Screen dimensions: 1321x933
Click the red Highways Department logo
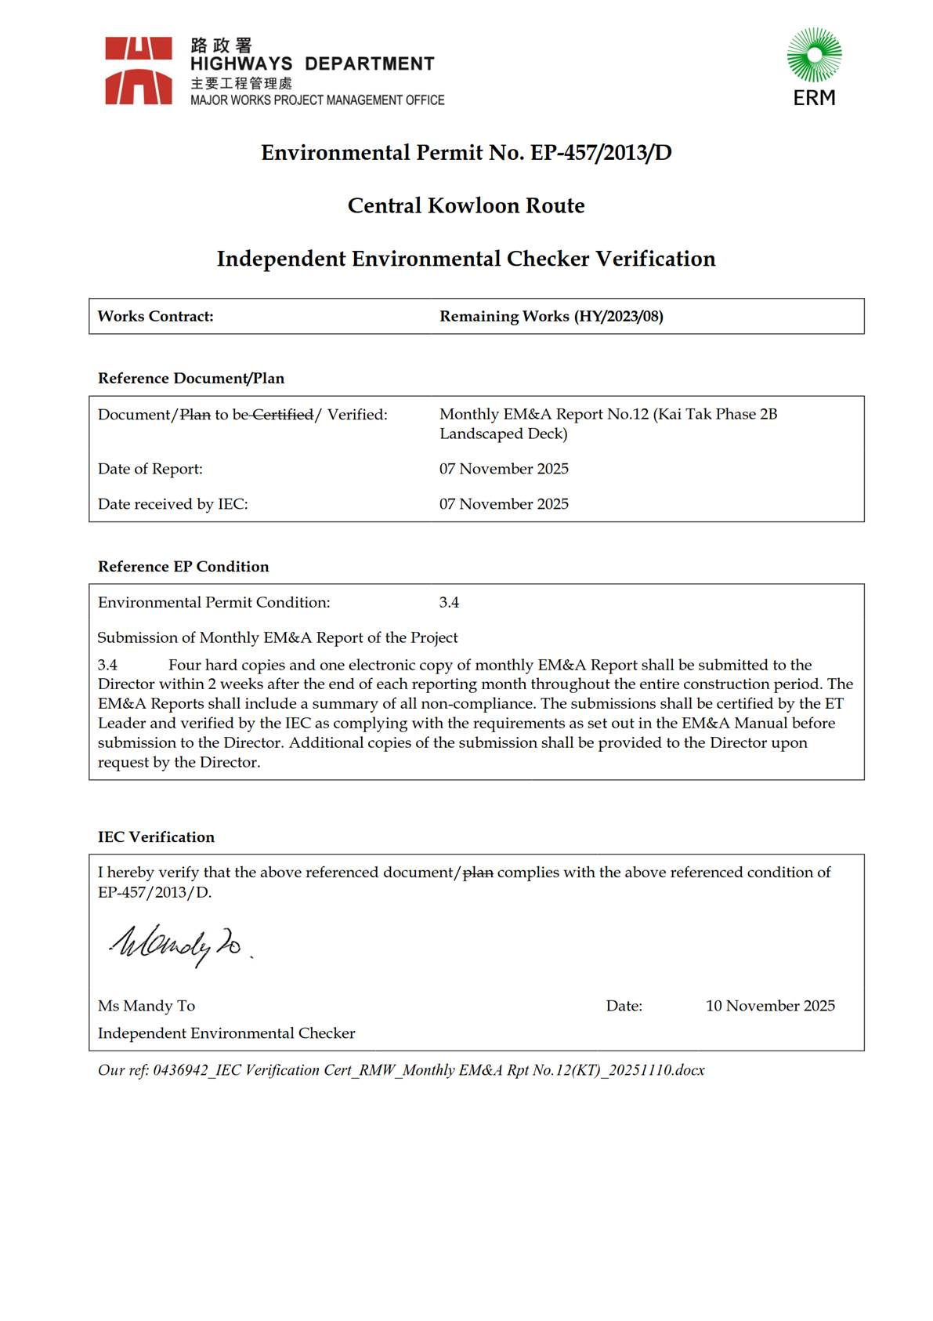point(139,71)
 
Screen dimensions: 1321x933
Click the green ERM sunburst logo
point(814,55)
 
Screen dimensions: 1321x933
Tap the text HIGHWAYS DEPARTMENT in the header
point(312,64)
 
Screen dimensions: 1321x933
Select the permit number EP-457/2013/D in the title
point(601,152)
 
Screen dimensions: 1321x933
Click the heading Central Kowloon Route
point(466,205)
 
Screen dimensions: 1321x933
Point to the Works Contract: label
point(155,317)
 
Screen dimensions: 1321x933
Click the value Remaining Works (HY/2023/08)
point(551,317)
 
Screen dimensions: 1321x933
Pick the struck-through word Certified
point(282,415)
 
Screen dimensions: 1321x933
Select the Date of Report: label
point(150,469)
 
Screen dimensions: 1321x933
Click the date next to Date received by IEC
point(504,504)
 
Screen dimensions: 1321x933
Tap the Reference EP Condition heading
point(183,567)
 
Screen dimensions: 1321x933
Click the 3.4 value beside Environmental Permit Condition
point(449,603)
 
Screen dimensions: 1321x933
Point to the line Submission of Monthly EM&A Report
point(277,638)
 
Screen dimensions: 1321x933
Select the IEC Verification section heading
point(156,837)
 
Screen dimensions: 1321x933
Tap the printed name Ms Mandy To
point(146,1006)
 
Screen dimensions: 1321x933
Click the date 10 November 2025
point(769,1006)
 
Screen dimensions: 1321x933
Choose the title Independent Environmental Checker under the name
point(226,1033)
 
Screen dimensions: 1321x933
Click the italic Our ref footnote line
point(401,1070)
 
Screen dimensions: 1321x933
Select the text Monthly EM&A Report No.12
point(544,415)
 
